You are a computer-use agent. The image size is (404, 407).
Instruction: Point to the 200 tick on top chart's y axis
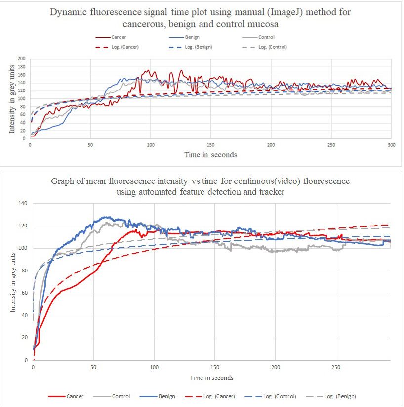[21, 59]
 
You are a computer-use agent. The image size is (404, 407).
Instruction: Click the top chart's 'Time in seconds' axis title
[211, 155]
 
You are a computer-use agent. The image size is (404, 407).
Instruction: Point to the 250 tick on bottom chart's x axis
[336, 368]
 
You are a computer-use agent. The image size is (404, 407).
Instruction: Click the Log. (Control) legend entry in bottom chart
[279, 396]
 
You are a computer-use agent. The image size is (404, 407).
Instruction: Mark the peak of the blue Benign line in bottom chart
[105, 217]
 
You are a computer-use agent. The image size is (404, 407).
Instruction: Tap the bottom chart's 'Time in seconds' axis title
[211, 378]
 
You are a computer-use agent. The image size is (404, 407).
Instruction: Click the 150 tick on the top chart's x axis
[211, 145]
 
